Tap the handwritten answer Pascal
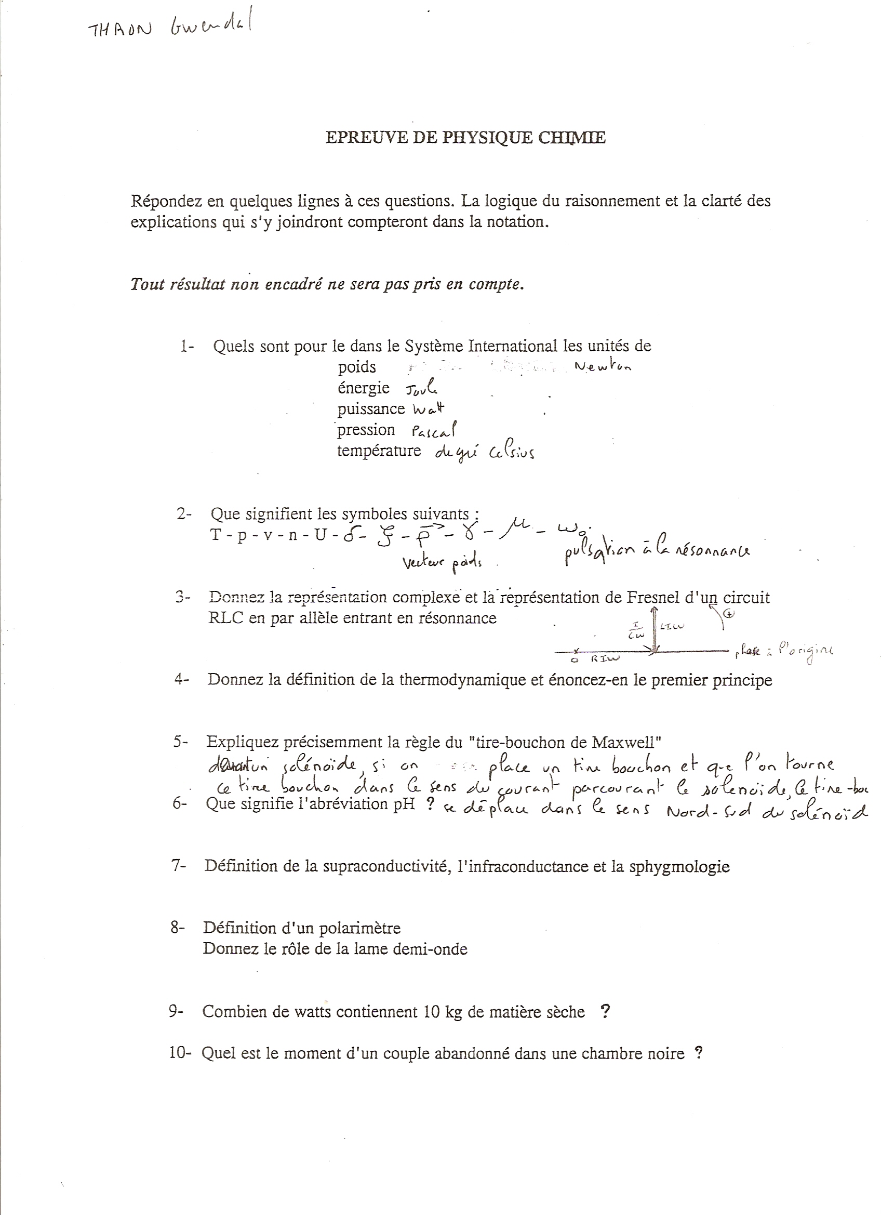[x=434, y=430]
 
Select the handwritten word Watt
[x=429, y=410]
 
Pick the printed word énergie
[x=363, y=387]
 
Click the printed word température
[x=379, y=451]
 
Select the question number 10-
[x=180, y=1053]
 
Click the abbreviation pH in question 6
[x=404, y=803]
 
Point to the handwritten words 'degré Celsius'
[x=484, y=454]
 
